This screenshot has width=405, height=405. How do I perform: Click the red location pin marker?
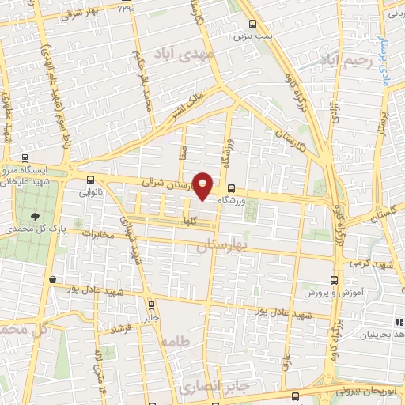tap(203, 185)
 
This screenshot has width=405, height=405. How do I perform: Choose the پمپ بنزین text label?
tap(251, 36)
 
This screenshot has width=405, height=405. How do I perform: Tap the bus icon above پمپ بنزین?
tap(252, 24)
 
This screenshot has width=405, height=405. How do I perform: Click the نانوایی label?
tap(89, 191)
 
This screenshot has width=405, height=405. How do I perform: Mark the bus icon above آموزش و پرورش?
tap(332, 279)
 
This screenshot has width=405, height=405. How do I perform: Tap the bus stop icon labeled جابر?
tap(151, 304)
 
